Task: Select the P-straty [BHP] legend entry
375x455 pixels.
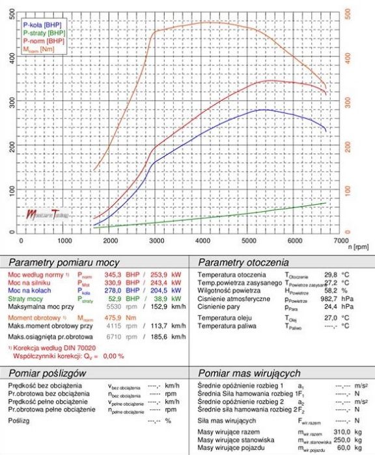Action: tap(44, 32)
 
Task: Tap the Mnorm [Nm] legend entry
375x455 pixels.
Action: tap(39, 49)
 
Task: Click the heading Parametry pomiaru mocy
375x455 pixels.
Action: tap(63, 263)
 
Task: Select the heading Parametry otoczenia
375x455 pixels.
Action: tap(242, 263)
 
